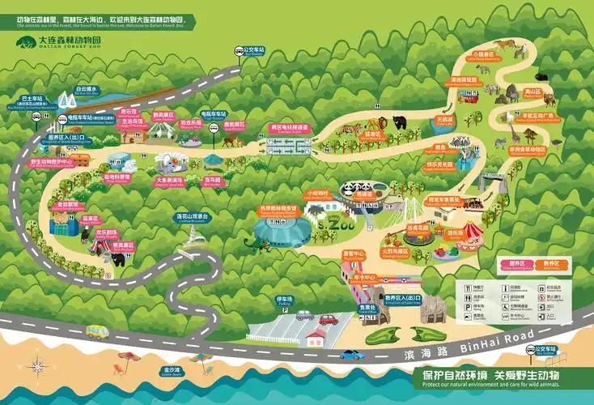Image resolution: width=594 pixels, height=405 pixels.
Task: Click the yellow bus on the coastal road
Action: [97, 331]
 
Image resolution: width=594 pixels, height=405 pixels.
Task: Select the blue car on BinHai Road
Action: [352, 354]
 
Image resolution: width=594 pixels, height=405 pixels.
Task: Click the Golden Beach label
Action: [171, 371]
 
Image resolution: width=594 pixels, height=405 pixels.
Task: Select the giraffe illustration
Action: [515, 130]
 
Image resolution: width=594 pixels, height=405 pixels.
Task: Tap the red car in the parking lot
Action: [329, 318]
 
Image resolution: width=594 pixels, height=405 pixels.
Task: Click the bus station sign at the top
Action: [253, 50]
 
